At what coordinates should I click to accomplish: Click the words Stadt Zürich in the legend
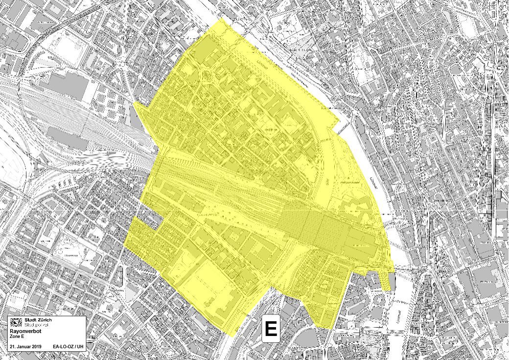point(38,320)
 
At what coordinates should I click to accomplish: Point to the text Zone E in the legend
point(17,337)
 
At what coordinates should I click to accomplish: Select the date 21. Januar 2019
point(25,347)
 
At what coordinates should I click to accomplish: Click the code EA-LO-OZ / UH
point(68,347)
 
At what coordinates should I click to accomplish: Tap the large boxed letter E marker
point(271,328)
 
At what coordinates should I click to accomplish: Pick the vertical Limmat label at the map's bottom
point(400,313)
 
